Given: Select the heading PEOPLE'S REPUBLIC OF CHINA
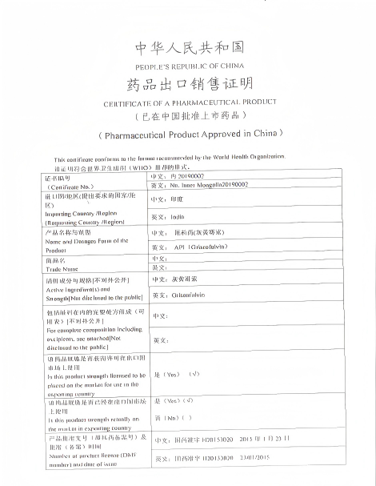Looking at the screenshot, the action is coord(190,66).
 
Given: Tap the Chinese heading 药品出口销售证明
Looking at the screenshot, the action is coord(190,85).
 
